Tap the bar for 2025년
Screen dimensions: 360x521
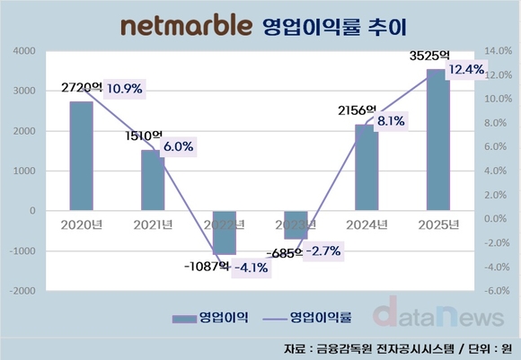(435, 140)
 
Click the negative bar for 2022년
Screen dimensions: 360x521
(223, 233)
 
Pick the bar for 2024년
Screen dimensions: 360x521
(365, 168)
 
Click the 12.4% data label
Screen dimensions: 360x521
(467, 69)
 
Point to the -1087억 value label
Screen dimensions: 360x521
(204, 267)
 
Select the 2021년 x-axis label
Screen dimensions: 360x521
(152, 224)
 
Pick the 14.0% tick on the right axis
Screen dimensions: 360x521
(496, 51)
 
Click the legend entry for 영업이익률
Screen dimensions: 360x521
(318, 317)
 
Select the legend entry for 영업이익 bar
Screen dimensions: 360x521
(211, 317)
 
